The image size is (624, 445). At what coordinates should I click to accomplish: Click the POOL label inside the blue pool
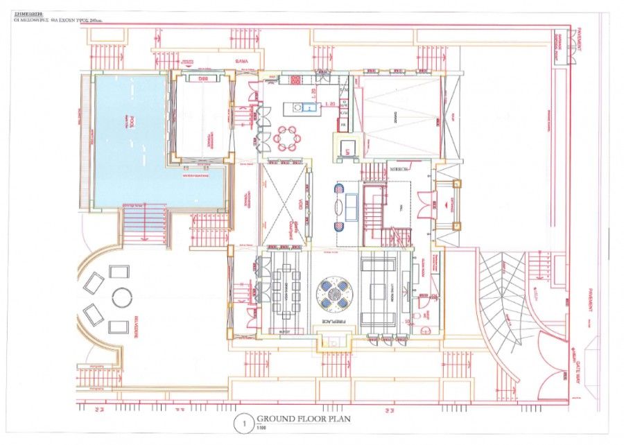click(x=129, y=123)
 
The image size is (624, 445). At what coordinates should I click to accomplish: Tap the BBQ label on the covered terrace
click(x=204, y=79)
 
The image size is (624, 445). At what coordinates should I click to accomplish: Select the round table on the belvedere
click(x=121, y=297)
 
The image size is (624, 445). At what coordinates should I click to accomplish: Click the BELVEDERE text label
click(x=129, y=331)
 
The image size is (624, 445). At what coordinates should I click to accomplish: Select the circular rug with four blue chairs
click(x=333, y=293)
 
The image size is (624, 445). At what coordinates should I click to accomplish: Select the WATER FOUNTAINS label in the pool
click(x=196, y=176)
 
